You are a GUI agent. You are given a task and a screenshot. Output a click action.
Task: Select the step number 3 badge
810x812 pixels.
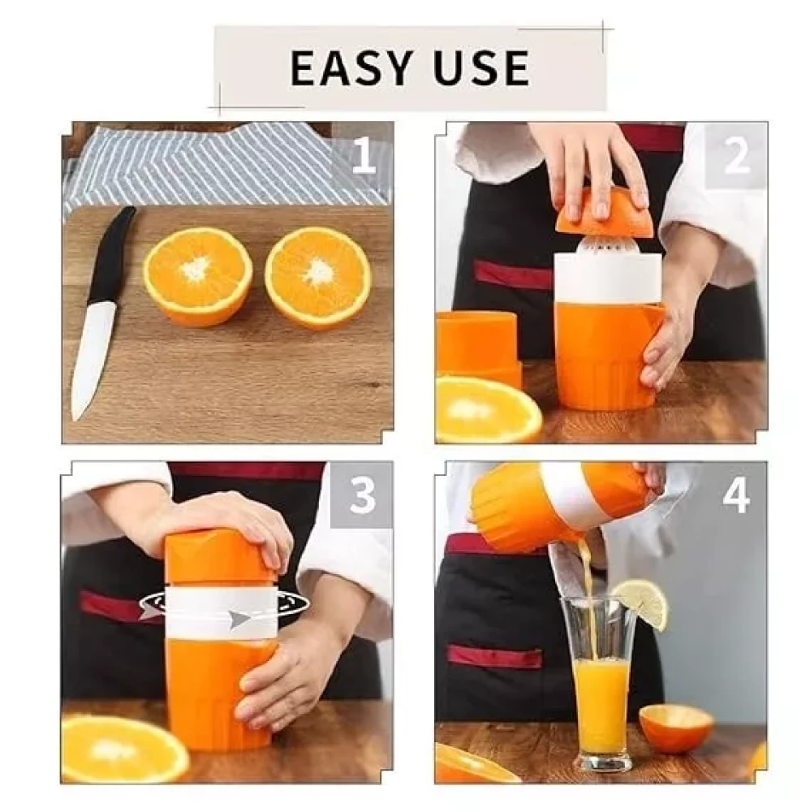(362, 495)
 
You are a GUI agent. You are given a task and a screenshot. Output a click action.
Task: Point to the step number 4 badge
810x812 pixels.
(736, 495)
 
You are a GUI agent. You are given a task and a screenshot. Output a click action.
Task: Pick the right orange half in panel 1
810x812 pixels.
(318, 278)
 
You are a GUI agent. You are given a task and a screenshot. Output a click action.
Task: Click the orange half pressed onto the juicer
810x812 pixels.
(602, 214)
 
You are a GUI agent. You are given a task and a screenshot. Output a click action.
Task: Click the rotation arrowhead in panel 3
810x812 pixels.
(239, 619)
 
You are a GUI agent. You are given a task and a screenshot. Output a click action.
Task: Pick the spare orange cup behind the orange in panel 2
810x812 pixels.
(479, 347)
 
